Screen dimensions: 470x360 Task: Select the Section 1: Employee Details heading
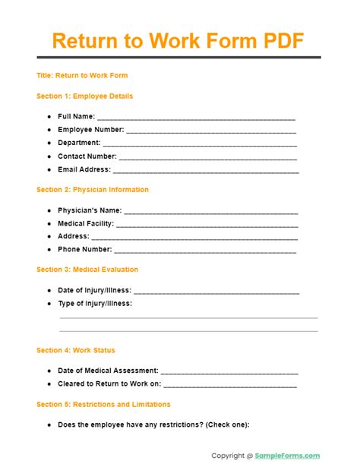(84, 96)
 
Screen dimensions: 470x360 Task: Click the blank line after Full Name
(196, 118)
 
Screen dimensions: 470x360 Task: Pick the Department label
(79, 143)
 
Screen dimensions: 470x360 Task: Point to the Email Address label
(84, 169)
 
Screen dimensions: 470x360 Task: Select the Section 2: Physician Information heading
(93, 190)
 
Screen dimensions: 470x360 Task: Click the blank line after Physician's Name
(210, 212)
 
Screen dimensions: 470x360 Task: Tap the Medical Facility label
(86, 223)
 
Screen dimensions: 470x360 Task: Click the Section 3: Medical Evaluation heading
(87, 270)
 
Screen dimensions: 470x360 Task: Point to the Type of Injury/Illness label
(95, 304)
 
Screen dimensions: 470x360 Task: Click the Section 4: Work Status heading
(76, 350)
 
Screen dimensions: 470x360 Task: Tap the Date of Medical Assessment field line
(229, 372)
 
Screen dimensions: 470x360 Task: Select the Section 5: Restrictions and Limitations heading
(103, 404)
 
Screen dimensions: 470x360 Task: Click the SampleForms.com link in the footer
(288, 456)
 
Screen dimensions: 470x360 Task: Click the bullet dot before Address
(49, 236)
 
